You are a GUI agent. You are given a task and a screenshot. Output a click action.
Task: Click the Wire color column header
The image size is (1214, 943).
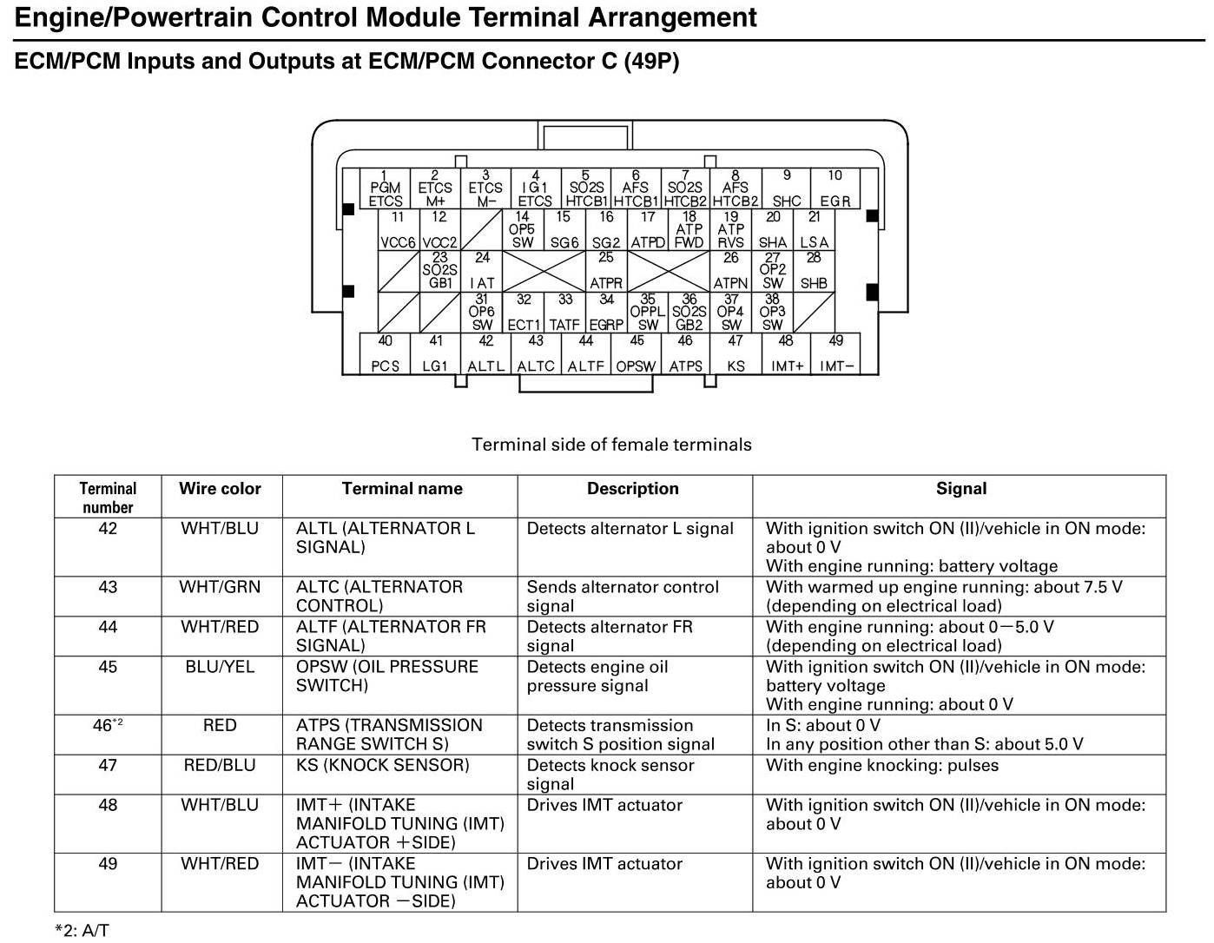pyautogui.click(x=220, y=489)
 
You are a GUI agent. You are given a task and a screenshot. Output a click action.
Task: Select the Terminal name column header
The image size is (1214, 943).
pyautogui.click(x=401, y=489)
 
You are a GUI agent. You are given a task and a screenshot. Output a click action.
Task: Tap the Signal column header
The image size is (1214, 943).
pyautogui.click(x=960, y=489)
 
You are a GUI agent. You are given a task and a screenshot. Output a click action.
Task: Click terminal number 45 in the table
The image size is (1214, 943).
pyautogui.click(x=108, y=667)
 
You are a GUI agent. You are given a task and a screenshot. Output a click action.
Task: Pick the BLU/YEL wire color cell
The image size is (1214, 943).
pyautogui.click(x=220, y=667)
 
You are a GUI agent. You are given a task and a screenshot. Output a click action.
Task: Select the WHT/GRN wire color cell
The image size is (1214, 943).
pyautogui.click(x=220, y=587)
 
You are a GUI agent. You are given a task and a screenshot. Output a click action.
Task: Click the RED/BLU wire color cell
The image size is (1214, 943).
pyautogui.click(x=220, y=765)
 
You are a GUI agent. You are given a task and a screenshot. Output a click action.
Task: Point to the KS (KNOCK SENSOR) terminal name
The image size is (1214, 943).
pyautogui.click(x=382, y=765)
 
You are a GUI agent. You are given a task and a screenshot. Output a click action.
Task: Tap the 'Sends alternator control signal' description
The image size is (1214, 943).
pyautogui.click(x=622, y=596)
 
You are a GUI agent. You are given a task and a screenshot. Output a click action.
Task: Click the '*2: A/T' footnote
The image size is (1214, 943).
pyautogui.click(x=82, y=930)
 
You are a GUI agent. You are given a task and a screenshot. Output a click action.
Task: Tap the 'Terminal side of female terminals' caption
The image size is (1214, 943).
pyautogui.click(x=611, y=445)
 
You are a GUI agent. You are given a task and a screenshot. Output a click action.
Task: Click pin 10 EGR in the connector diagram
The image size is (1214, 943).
pyautogui.click(x=835, y=188)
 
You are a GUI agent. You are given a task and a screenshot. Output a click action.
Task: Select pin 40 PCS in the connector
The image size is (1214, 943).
pyautogui.click(x=385, y=354)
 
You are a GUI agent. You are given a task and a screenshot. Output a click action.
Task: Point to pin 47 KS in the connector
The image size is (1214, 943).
pyautogui.click(x=736, y=354)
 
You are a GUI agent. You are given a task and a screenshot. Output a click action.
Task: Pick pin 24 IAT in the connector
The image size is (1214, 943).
pyautogui.click(x=482, y=271)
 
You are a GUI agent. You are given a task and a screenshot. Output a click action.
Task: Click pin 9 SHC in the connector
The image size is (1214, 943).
pyautogui.click(x=786, y=188)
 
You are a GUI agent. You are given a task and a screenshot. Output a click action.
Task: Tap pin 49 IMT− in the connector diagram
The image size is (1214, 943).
pyautogui.click(x=835, y=354)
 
